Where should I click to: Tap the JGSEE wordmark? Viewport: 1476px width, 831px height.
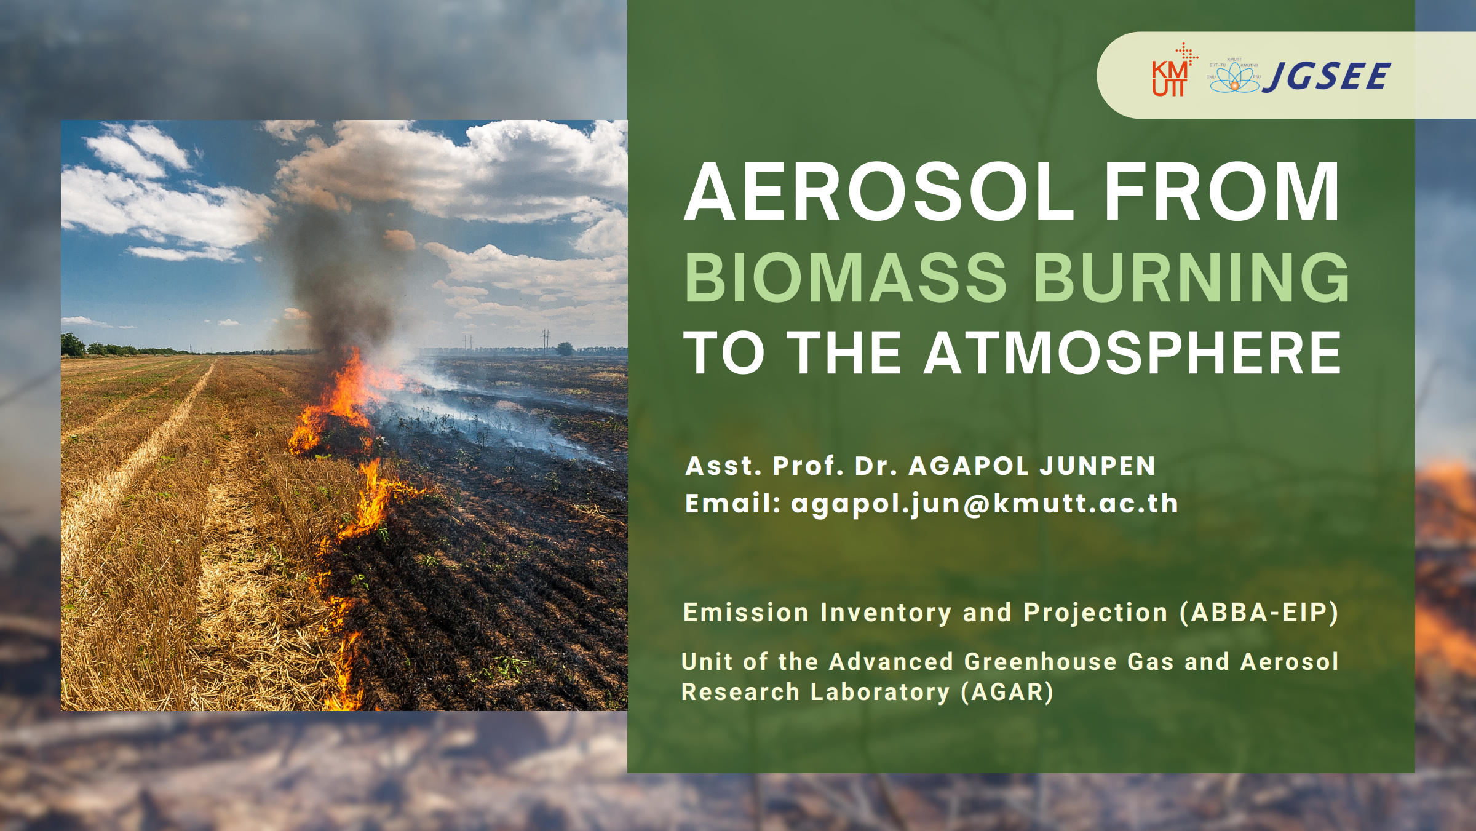pyautogui.click(x=1326, y=76)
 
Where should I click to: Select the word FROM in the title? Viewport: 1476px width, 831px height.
pyautogui.click(x=1222, y=191)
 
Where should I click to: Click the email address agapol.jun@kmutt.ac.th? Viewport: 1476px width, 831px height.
pyautogui.click(x=985, y=504)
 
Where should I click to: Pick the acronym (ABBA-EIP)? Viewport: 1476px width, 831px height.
pyautogui.click(x=1260, y=613)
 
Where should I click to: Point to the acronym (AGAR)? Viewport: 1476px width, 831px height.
pyautogui.click(x=1007, y=692)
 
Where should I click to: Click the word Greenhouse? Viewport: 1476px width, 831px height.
pyautogui.click(x=1041, y=662)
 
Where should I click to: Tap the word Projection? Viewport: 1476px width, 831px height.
pyautogui.click(x=1095, y=613)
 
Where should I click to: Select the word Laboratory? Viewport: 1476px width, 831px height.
pyautogui.click(x=880, y=693)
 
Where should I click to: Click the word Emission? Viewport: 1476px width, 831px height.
pyautogui.click(x=746, y=613)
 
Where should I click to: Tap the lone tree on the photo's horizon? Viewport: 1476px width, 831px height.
pyautogui.click(x=565, y=349)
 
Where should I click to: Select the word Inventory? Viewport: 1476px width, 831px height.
pyautogui.click(x=886, y=613)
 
